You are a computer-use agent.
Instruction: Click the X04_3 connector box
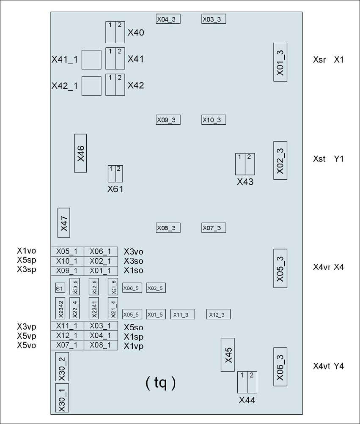[168, 19]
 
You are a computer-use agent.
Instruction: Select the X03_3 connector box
[214, 19]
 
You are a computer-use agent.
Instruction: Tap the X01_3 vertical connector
[280, 62]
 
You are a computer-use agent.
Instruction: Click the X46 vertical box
[80, 153]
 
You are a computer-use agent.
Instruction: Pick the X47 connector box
[63, 223]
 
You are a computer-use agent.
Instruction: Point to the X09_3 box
[168, 120]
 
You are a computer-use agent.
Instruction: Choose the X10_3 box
[214, 120]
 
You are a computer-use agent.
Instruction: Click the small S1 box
[60, 288]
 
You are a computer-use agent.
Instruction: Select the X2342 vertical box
[60, 308]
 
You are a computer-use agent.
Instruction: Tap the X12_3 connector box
[218, 314]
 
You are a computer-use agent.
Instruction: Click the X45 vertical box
[228, 355]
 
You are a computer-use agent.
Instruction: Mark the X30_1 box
[62, 398]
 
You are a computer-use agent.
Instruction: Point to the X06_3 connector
[280, 367]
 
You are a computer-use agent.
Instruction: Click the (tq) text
[160, 383]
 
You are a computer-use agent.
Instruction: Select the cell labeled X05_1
[67, 252]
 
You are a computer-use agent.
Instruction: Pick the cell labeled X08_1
[101, 345]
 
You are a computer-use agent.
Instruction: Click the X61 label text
[115, 189]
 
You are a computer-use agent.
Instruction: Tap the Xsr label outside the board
[319, 60]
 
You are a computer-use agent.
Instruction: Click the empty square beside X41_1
[91, 60]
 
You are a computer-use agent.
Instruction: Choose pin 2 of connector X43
[250, 164]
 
